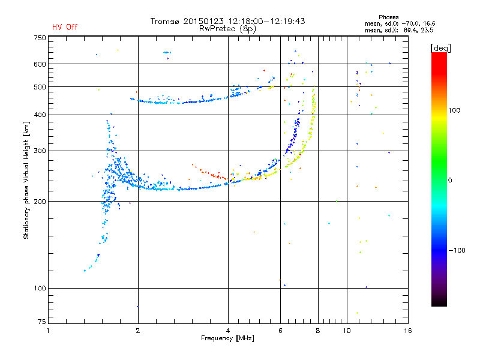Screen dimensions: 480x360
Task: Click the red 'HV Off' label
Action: (65, 27)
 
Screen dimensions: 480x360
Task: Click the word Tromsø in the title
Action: (164, 21)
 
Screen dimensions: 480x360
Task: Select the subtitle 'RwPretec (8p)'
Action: (227, 29)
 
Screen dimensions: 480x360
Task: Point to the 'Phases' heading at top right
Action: (388, 17)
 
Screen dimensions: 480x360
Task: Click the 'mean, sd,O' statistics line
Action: (400, 23)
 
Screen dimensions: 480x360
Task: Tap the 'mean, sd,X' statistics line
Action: (399, 30)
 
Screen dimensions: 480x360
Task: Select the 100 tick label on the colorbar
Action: (454, 110)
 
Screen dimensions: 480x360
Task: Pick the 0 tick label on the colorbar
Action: (450, 181)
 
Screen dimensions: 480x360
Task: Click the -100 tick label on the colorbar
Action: (457, 250)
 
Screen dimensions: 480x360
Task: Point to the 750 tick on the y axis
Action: (40, 38)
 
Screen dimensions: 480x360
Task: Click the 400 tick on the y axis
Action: (40, 115)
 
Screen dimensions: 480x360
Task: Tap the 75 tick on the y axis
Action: (42, 322)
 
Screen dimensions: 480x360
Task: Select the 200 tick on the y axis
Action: (40, 202)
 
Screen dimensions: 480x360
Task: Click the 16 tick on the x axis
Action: (408, 331)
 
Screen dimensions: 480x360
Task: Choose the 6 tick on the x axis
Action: (280, 331)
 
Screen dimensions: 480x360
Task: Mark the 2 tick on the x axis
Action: (138, 331)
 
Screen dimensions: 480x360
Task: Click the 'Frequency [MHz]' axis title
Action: (227, 338)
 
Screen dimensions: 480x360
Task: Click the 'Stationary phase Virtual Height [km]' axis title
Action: (26, 181)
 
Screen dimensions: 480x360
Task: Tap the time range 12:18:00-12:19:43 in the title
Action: (266, 21)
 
